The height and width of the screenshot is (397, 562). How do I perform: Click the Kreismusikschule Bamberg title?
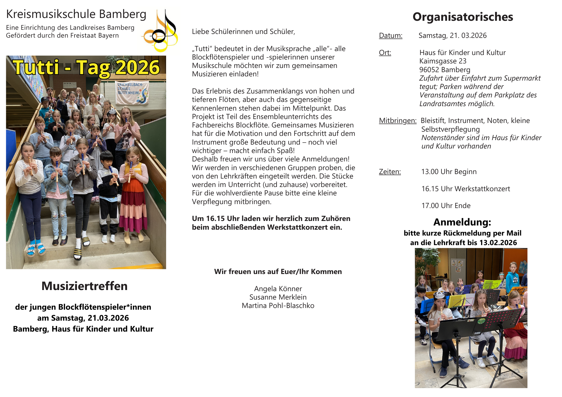pyautogui.click(x=76, y=14)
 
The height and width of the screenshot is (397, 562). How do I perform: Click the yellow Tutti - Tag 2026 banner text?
pyautogui.click(x=86, y=68)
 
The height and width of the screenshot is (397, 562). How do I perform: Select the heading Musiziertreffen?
pyautogui.click(x=84, y=286)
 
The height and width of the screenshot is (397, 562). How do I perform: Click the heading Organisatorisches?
pyautogui.click(x=463, y=17)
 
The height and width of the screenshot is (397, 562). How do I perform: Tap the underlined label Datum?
pyautogui.click(x=391, y=36)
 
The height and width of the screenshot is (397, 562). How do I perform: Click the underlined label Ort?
pyautogui.click(x=385, y=53)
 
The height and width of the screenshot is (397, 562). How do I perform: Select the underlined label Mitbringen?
pyautogui.click(x=398, y=121)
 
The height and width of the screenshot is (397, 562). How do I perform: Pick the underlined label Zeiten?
pyautogui.click(x=390, y=172)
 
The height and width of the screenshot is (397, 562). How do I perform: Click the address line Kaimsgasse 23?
pyautogui.click(x=443, y=61)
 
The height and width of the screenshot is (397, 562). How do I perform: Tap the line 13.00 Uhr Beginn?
pyautogui.click(x=449, y=172)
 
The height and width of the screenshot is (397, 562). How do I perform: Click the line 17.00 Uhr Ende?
pyautogui.click(x=446, y=206)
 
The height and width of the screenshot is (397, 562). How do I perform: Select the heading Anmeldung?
pyautogui.click(x=462, y=222)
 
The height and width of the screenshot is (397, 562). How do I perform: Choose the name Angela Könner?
pyautogui.click(x=278, y=289)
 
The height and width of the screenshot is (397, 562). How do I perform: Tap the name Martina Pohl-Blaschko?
pyautogui.click(x=278, y=306)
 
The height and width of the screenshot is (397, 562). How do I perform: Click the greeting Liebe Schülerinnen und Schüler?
pyautogui.click(x=243, y=32)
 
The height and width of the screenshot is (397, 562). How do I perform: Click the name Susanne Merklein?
pyautogui.click(x=278, y=297)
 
